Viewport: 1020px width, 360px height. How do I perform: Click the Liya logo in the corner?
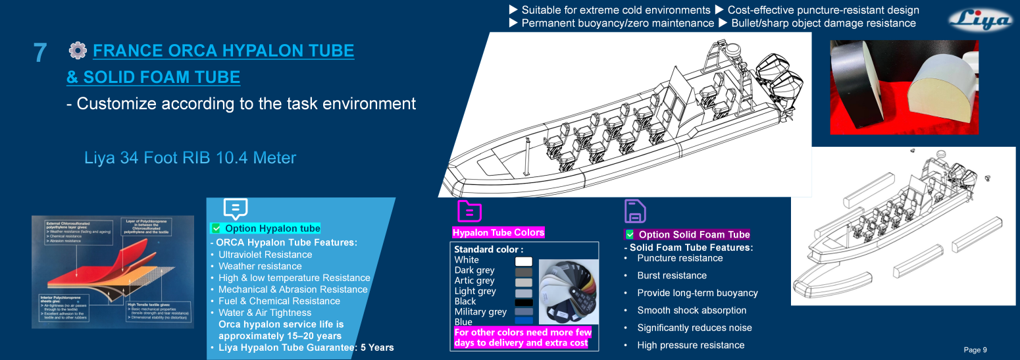click(980, 20)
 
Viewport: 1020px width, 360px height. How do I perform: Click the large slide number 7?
click(40, 53)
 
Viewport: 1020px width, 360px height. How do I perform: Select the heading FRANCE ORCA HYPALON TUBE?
click(224, 51)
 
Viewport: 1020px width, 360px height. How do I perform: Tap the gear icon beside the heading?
click(78, 50)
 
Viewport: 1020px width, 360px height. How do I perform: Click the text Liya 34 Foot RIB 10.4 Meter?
click(190, 159)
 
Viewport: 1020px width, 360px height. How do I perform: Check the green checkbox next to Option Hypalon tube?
click(215, 228)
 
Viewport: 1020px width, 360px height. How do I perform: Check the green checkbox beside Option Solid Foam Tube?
click(630, 234)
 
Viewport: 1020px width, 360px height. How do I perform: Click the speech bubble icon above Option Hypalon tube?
click(235, 209)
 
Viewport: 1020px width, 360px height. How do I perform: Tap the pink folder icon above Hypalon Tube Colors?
click(469, 211)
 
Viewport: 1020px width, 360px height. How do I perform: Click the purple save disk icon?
click(635, 211)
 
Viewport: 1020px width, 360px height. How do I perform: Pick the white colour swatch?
click(524, 261)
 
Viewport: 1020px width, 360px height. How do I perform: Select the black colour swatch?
click(524, 302)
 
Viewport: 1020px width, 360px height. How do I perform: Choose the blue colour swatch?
click(524, 321)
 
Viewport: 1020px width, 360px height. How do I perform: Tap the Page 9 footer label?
click(975, 349)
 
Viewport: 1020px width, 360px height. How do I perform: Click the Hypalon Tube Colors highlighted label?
click(498, 232)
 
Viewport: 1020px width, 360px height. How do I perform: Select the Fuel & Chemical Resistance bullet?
click(279, 301)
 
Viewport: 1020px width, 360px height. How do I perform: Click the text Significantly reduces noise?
click(694, 328)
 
